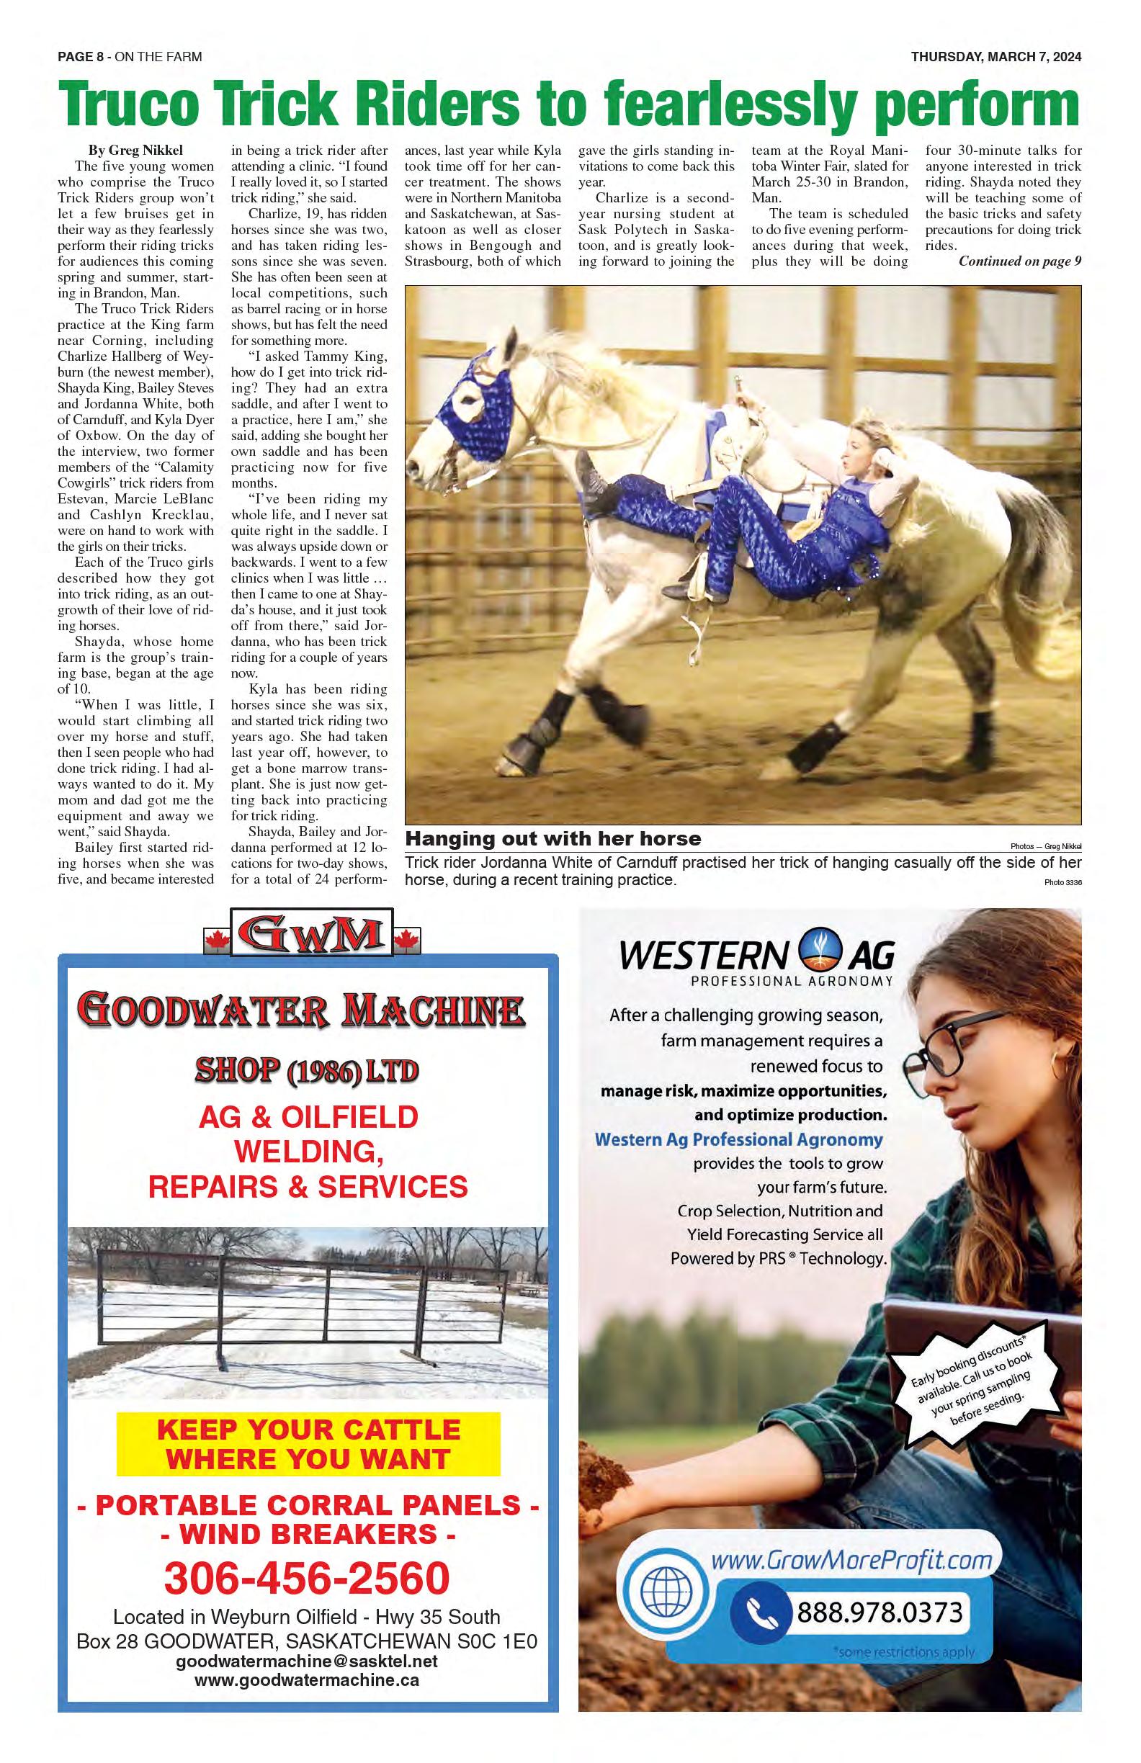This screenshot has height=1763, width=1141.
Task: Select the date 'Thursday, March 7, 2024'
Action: (x=995, y=57)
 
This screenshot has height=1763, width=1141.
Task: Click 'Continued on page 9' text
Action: (x=1019, y=261)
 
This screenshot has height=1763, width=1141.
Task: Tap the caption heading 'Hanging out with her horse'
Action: (x=552, y=838)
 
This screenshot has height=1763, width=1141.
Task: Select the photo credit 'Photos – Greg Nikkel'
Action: (x=1044, y=847)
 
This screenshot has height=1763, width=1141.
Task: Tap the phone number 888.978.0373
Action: (x=880, y=1612)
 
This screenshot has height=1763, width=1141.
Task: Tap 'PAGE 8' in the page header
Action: (x=81, y=57)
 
